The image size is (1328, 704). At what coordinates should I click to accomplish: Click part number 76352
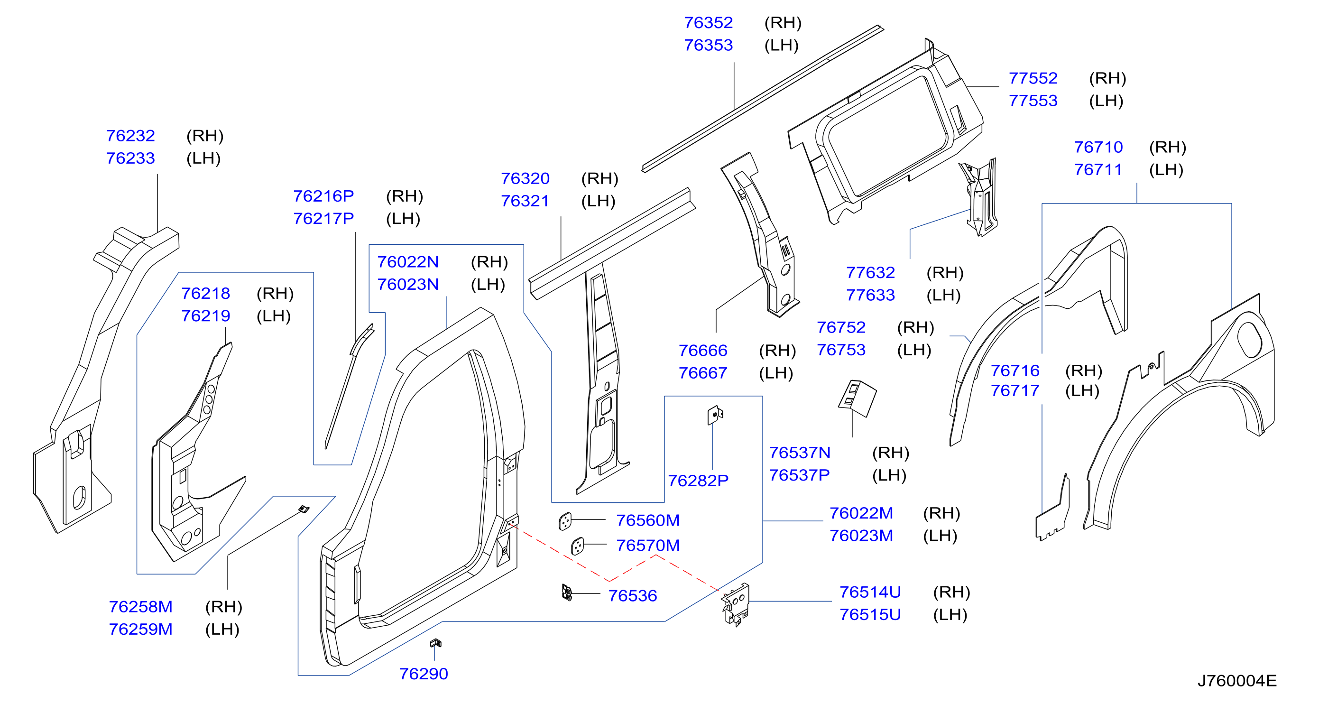(708, 23)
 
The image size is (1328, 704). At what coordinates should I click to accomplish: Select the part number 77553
(1033, 101)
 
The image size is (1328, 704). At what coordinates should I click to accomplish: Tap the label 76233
(130, 158)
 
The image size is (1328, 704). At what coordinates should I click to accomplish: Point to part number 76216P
(323, 196)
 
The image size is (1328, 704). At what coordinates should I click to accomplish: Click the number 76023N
(408, 284)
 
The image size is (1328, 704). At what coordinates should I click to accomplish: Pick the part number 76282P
(698, 481)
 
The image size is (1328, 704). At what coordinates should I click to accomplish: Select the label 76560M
(648, 520)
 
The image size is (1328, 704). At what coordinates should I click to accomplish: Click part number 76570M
(648, 545)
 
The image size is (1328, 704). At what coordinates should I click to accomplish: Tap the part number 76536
(633, 596)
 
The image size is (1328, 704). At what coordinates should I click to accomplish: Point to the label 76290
(423, 674)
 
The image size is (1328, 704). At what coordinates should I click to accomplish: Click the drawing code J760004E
(1237, 681)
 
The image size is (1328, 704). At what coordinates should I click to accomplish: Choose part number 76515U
(870, 615)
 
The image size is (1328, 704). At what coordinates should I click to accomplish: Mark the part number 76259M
(140, 629)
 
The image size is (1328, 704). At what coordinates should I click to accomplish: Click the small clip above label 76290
(435, 643)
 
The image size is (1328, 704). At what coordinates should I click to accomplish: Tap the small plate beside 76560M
(565, 521)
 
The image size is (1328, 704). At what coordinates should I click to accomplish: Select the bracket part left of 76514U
(736, 604)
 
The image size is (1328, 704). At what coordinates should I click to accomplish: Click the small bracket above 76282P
(715, 415)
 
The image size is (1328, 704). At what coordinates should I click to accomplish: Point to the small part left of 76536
(567, 593)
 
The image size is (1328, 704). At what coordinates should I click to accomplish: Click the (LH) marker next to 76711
(1166, 170)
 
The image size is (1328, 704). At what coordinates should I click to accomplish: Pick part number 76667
(703, 373)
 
